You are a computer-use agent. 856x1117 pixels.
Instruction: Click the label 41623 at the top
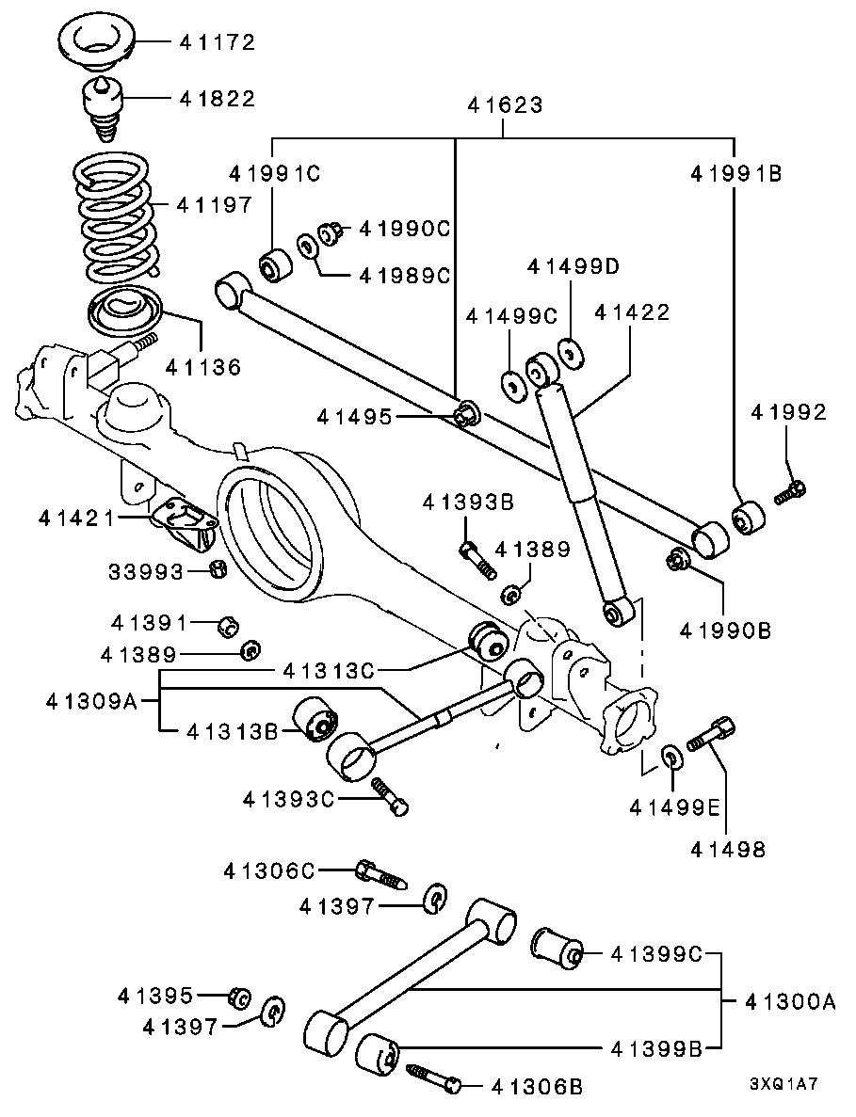505,105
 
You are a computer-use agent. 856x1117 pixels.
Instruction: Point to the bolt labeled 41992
789,491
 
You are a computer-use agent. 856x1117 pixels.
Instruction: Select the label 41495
353,415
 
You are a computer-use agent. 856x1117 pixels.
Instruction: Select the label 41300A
789,1002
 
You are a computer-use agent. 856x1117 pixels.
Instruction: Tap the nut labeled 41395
238,996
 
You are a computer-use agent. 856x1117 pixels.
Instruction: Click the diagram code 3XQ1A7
783,1083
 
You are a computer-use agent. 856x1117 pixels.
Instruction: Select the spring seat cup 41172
99,43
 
